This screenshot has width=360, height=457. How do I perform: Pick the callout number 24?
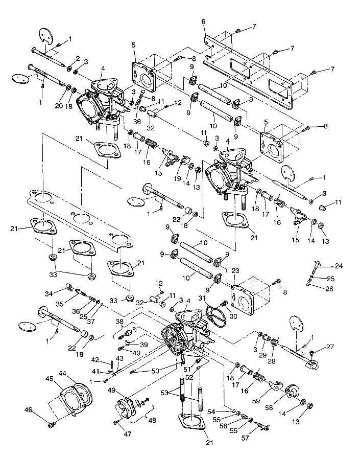point(338,265)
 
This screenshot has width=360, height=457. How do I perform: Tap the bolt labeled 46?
point(51,424)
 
